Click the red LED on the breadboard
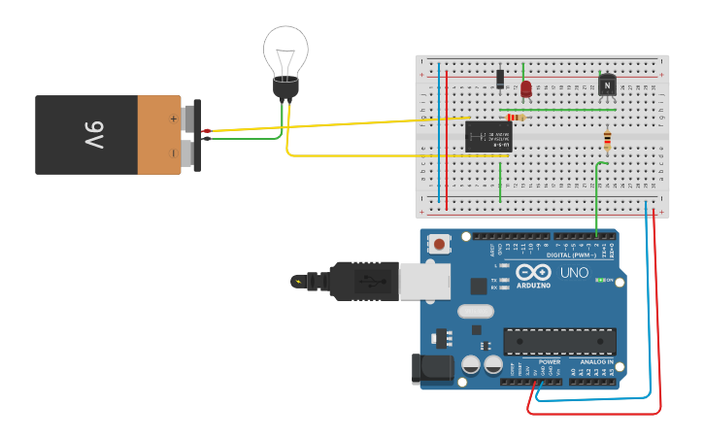[526, 89]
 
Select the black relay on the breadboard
[486, 135]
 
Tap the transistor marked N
[608, 85]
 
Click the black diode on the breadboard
[500, 79]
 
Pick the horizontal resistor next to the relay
[515, 118]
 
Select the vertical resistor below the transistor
[608, 141]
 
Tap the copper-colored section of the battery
[159, 134]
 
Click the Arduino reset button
[440, 244]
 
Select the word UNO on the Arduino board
[574, 273]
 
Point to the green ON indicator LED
[600, 280]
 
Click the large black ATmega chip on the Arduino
[559, 342]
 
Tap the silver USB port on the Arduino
[425, 280]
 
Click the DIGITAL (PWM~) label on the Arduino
[573, 254]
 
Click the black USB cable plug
[365, 281]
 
